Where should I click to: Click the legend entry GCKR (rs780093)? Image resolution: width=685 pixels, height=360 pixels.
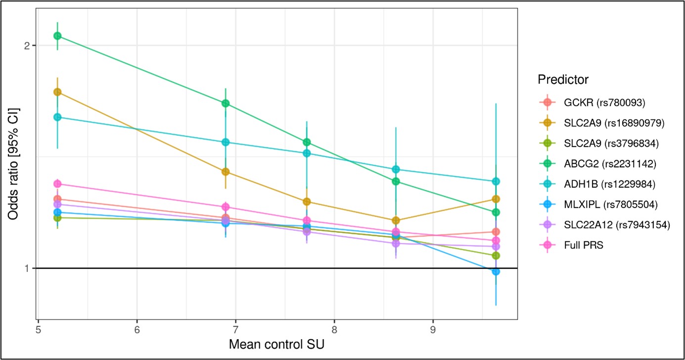click(604, 103)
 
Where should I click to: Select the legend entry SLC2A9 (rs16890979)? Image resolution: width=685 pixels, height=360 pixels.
click(613, 123)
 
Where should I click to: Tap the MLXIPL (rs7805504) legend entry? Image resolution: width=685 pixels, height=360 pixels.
click(610, 204)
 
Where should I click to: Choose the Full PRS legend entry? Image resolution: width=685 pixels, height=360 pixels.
click(584, 245)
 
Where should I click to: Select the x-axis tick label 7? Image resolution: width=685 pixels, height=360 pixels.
click(235, 329)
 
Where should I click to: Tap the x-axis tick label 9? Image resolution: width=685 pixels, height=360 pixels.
click(433, 329)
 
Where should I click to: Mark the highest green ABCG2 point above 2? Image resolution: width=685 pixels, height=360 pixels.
click(57, 36)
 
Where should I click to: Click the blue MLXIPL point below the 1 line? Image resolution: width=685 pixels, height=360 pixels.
click(496, 271)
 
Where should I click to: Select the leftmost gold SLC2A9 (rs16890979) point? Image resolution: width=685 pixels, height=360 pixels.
click(57, 92)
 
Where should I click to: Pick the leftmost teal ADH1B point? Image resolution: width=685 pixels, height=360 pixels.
click(57, 117)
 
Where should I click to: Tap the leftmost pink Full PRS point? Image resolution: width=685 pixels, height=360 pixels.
click(57, 183)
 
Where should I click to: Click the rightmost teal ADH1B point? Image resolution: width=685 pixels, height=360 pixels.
click(496, 181)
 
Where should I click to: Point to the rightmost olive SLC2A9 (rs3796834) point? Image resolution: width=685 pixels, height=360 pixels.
click(496, 256)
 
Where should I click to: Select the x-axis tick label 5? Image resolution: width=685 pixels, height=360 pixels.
click(38, 329)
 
